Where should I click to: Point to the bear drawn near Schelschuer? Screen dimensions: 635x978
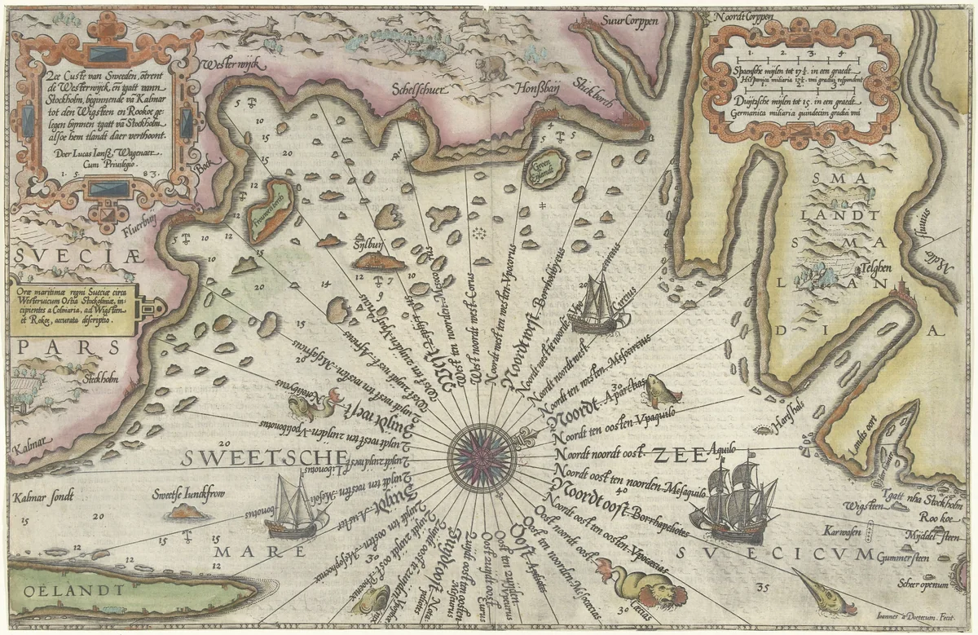[x=491, y=69]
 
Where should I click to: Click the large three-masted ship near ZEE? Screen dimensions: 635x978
[x=730, y=501]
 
